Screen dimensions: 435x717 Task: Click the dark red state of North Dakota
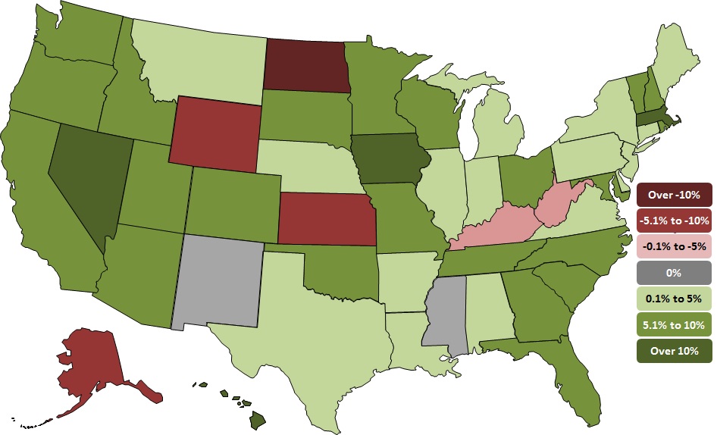tap(305, 66)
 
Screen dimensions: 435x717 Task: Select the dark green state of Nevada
tap(88, 182)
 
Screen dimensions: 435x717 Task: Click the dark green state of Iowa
tap(390, 160)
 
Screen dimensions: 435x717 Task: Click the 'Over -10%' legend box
tap(674, 195)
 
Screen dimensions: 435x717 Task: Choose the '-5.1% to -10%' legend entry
tap(674, 221)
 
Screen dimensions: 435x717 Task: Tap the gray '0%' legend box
tap(674, 272)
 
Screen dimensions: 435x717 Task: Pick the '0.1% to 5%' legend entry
tap(674, 298)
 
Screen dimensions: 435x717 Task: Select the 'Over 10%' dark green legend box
tap(674, 349)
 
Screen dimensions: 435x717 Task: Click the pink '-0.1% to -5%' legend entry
tap(674, 246)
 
